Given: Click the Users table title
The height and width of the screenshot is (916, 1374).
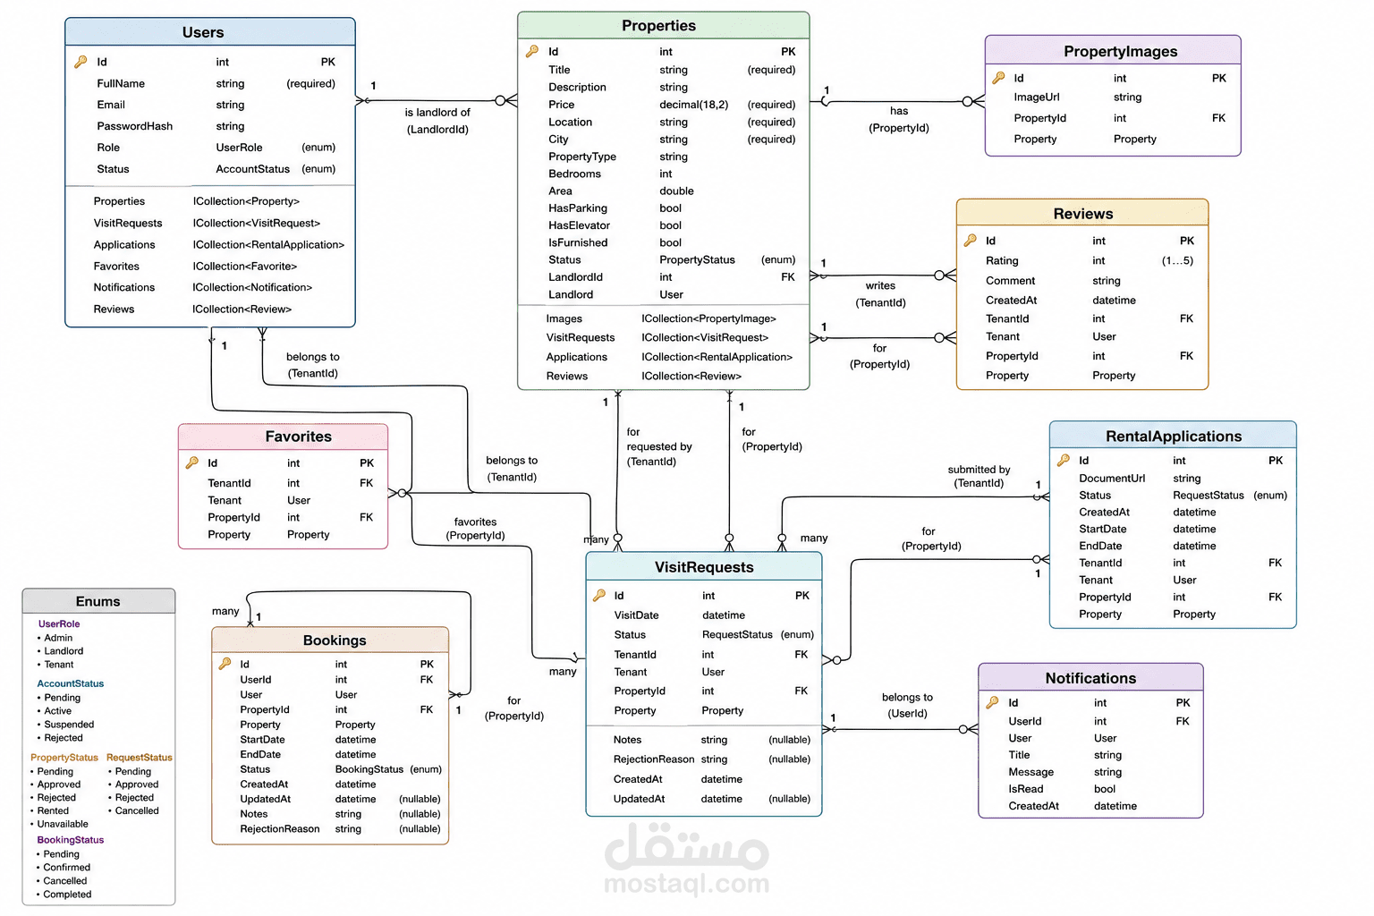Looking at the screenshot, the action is [203, 32].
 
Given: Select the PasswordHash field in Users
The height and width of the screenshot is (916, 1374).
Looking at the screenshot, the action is [134, 126].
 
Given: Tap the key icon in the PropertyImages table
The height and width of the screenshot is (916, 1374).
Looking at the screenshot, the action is [998, 78].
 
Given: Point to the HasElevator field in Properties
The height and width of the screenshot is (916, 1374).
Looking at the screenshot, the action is [579, 225].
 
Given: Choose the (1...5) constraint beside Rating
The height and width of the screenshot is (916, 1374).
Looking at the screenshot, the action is [1177, 260].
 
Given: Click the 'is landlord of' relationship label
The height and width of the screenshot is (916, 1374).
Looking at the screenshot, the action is [437, 113].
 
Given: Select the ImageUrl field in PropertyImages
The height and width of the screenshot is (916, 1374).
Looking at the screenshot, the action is [1037, 97].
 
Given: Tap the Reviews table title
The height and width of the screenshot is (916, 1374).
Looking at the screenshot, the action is [1082, 214].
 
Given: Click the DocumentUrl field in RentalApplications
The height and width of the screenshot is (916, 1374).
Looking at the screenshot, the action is [1112, 479].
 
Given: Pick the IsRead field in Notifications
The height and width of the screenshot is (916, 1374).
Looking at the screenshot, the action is [1026, 789].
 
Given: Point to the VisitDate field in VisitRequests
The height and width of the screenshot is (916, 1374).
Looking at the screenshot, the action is [636, 615].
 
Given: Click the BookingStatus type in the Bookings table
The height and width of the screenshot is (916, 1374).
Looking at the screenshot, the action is [369, 769].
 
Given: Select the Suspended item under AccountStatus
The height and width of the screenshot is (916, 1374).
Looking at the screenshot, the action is [69, 725].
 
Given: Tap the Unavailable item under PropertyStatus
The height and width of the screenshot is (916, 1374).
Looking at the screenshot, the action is [63, 824].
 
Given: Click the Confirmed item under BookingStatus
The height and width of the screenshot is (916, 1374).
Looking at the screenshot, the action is [66, 868].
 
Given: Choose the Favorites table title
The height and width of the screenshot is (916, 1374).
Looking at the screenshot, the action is [298, 437].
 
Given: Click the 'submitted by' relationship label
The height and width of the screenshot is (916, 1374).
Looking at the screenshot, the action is [979, 470].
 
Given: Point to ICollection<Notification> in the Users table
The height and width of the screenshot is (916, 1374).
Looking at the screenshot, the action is [252, 288].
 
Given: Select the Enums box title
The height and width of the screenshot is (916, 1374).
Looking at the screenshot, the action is [98, 602].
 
